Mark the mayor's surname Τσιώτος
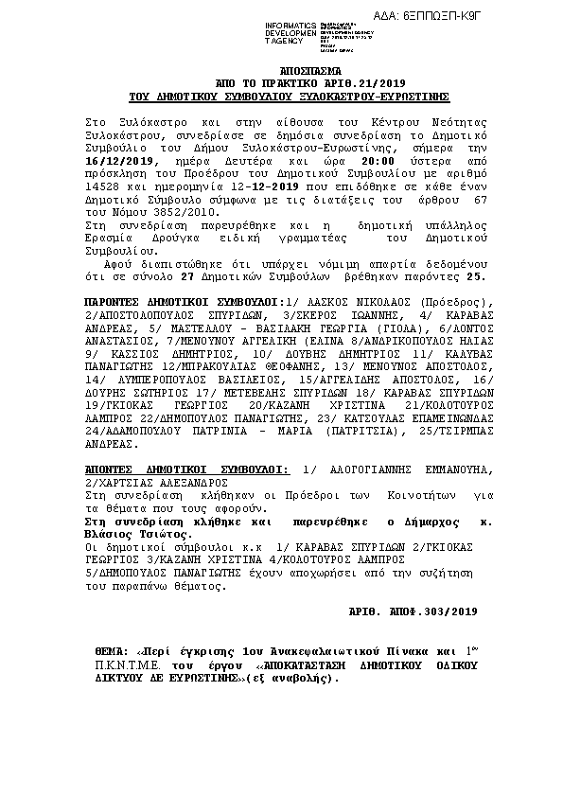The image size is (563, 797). click(160, 534)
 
